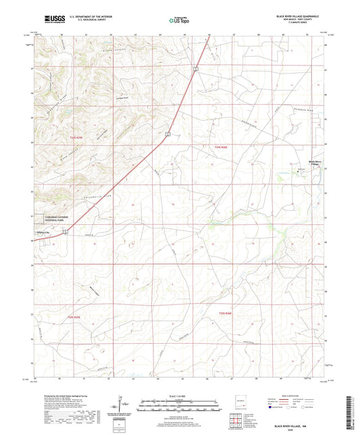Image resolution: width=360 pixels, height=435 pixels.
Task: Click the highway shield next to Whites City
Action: (65, 232)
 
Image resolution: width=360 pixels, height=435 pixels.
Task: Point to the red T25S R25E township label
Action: (73, 316)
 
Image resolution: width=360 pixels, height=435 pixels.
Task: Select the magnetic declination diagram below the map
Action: (122, 405)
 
